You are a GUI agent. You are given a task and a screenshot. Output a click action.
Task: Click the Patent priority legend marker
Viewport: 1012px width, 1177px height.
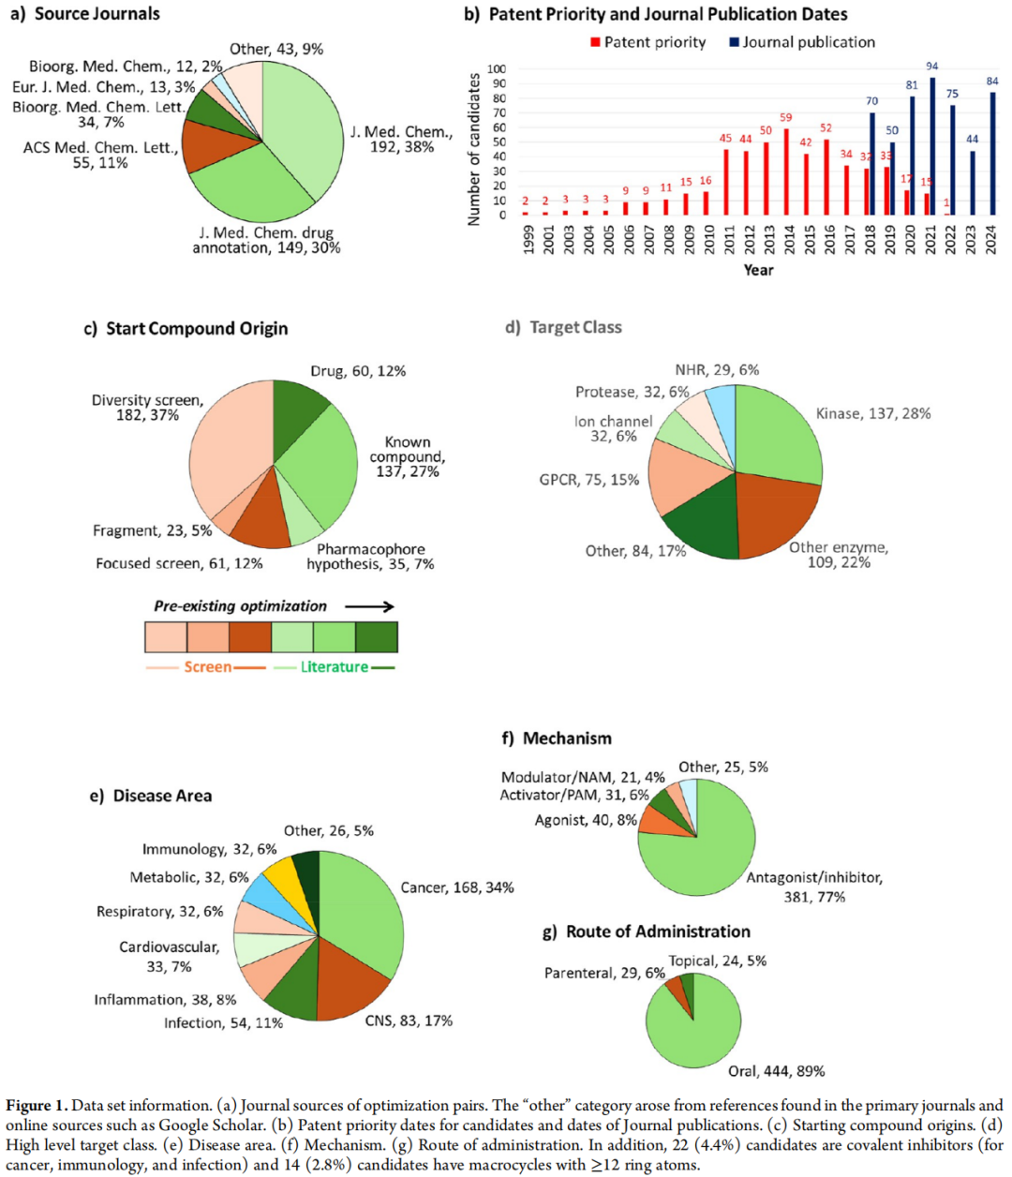(595, 42)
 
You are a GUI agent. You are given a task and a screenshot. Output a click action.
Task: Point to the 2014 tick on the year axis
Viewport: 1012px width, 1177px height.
(786, 239)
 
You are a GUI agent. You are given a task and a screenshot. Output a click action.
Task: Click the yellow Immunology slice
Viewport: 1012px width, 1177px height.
(278, 877)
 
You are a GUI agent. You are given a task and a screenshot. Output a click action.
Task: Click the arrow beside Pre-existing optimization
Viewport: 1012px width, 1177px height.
(369, 607)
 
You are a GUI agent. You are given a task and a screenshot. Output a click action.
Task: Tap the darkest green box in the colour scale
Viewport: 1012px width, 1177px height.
(377, 637)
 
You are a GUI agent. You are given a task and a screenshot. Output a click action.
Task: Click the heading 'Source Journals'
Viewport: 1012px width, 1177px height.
(97, 14)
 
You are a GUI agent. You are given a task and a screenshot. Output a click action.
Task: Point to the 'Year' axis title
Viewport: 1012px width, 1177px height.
(758, 270)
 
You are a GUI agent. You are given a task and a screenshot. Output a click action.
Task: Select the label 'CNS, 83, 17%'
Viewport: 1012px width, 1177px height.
(409, 1021)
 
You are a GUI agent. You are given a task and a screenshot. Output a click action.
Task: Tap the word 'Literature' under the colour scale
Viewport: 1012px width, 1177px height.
(334, 667)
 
